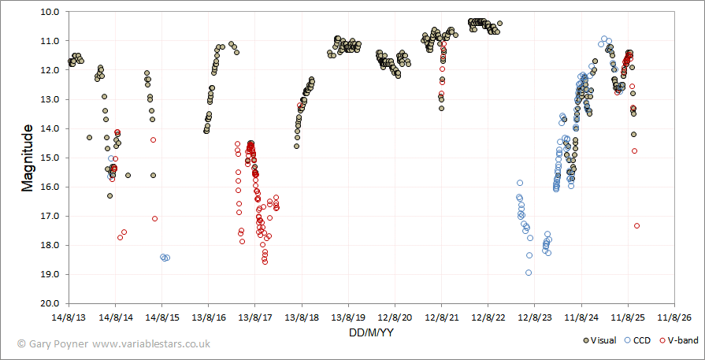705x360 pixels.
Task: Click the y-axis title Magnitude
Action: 28,157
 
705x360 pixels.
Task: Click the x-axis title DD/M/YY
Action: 371,333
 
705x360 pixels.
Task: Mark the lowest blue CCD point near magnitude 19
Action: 529,273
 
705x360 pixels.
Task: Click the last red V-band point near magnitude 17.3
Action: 636,225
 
